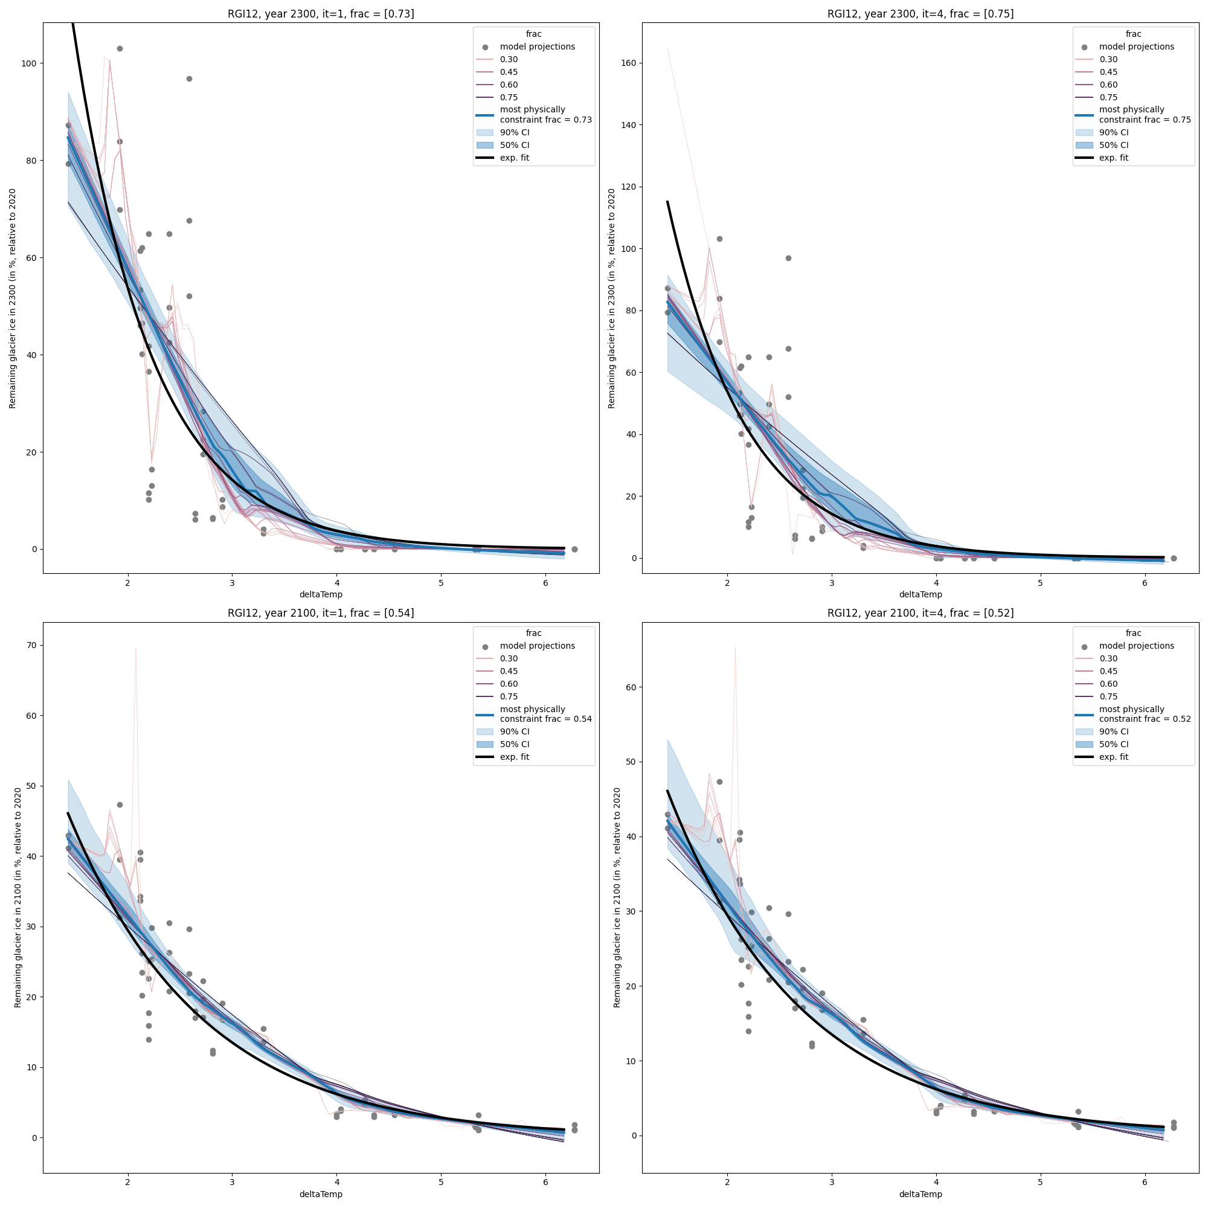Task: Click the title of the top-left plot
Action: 320,14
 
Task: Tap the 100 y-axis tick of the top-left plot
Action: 29,63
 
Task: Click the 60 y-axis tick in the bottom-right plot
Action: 630,687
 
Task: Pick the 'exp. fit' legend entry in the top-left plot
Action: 514,158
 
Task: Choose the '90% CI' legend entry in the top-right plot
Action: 1114,132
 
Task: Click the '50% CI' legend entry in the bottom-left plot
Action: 514,744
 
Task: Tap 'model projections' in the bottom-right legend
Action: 1136,646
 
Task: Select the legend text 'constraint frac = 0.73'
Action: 545,120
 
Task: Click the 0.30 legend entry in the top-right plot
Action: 1108,59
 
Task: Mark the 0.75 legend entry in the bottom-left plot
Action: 509,696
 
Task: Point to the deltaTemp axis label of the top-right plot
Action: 920,594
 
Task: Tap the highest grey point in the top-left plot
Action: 120,49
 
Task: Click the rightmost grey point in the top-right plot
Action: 1174,558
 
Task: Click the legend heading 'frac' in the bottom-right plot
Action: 1133,633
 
